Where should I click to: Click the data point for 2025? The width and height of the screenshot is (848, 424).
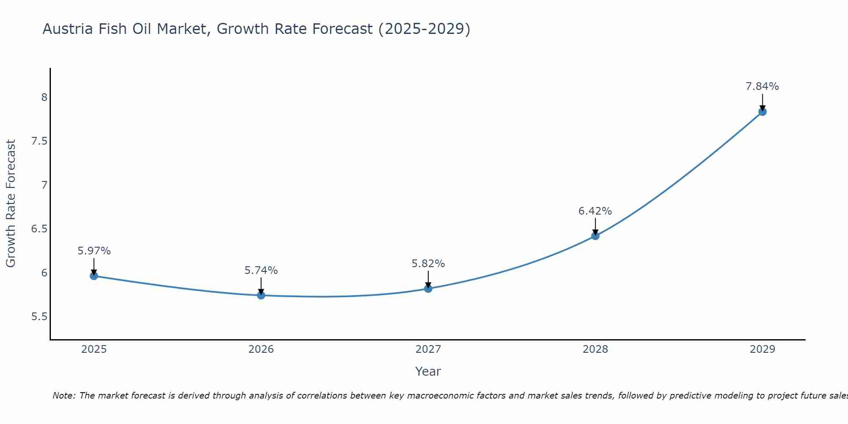pyautogui.click(x=94, y=276)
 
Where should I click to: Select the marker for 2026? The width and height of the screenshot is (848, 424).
pyautogui.click(x=261, y=295)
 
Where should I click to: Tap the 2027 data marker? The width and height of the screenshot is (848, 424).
pyautogui.click(x=428, y=289)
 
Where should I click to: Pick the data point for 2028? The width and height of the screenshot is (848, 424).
pyautogui.click(x=595, y=236)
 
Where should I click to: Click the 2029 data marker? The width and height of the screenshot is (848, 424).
pyautogui.click(x=762, y=112)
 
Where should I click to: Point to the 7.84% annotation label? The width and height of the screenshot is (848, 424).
pyautogui.click(x=762, y=86)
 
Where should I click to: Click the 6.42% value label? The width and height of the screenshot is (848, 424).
pyautogui.click(x=595, y=211)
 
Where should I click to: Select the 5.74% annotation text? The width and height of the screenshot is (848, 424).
pyautogui.click(x=261, y=270)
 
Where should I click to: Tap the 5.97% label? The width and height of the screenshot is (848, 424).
pyautogui.click(x=94, y=251)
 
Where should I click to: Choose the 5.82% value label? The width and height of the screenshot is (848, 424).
pyautogui.click(x=428, y=263)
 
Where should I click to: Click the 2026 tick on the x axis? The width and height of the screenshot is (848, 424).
pyautogui.click(x=261, y=349)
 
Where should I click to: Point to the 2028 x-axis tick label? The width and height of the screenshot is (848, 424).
pyautogui.click(x=595, y=349)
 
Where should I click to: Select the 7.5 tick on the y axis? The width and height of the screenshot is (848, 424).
pyautogui.click(x=39, y=141)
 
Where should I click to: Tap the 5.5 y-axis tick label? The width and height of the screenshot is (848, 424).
pyautogui.click(x=39, y=317)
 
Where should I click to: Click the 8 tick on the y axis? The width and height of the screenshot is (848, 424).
pyautogui.click(x=44, y=98)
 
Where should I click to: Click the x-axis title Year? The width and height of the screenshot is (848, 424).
pyautogui.click(x=428, y=371)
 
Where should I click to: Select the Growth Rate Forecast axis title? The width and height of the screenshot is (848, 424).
pyautogui.click(x=11, y=204)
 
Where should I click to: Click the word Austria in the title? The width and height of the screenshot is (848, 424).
pyautogui.click(x=68, y=29)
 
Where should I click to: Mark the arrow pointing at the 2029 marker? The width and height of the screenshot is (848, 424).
pyautogui.click(x=762, y=102)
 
